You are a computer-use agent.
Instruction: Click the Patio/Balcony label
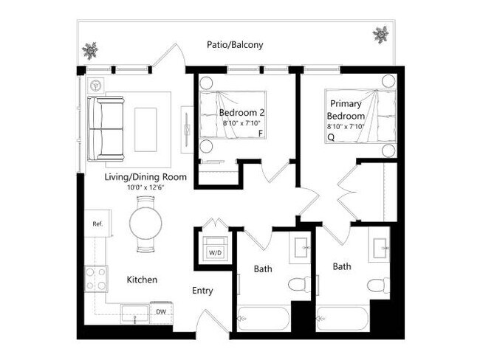tap(235, 45)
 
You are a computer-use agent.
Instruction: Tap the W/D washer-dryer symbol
tap(215, 249)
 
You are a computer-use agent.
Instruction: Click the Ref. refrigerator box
tap(97, 223)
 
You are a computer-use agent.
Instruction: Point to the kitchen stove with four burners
tap(96, 278)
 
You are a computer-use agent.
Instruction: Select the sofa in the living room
tap(106, 128)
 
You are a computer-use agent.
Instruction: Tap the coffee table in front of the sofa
tap(145, 128)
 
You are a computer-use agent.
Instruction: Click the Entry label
tap(203, 291)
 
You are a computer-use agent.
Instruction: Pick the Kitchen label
tap(142, 280)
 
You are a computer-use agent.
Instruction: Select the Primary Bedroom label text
tap(346, 110)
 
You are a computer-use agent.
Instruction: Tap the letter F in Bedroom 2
tap(259, 134)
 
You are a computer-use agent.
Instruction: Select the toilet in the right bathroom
tap(377, 285)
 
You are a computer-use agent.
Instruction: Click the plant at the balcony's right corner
tap(381, 34)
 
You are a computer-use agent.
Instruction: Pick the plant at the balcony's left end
tap(90, 50)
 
